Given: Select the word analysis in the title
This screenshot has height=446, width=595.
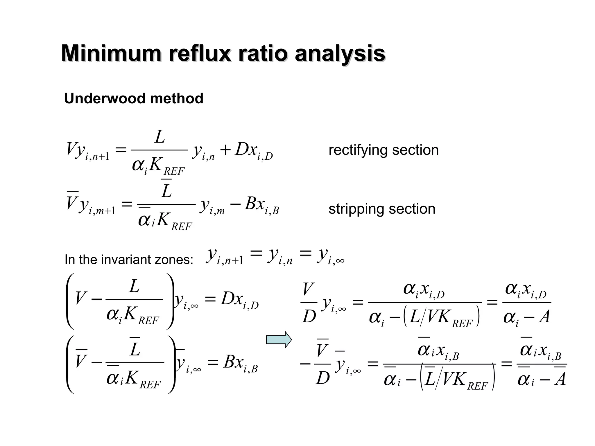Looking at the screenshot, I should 340,54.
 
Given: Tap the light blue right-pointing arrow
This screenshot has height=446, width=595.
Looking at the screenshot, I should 279,339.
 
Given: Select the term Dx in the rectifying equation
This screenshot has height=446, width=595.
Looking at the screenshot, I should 246,150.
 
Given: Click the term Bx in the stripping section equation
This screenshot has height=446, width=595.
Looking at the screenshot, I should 255,204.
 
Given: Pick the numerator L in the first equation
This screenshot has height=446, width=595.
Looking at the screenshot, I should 159,137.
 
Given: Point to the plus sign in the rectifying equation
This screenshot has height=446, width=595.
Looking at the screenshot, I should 225,150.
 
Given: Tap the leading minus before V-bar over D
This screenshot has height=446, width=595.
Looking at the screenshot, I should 305,364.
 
